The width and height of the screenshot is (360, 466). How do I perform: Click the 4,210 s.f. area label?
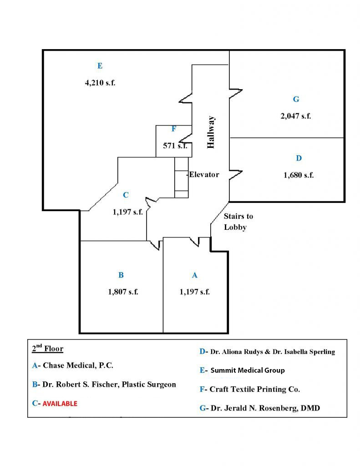click(x=100, y=83)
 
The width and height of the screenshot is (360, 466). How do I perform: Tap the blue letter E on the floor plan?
click(x=100, y=66)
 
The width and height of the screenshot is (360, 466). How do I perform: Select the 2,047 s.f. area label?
click(x=295, y=116)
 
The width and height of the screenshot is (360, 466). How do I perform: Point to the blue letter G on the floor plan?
click(x=296, y=99)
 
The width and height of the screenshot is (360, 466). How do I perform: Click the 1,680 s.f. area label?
click(x=299, y=175)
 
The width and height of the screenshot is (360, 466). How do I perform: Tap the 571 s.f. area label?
click(x=175, y=146)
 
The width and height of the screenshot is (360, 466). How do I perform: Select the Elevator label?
click(x=204, y=174)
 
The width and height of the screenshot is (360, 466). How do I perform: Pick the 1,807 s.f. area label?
click(x=123, y=292)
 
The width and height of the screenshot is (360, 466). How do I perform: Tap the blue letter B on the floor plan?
click(x=121, y=275)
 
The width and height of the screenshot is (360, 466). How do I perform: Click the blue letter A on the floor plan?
click(x=195, y=275)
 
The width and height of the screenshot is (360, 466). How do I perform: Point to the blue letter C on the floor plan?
click(x=126, y=195)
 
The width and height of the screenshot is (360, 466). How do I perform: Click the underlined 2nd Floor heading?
click(x=47, y=349)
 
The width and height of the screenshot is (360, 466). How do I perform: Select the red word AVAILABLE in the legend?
click(x=60, y=404)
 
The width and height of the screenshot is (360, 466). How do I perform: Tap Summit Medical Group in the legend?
click(x=248, y=370)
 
